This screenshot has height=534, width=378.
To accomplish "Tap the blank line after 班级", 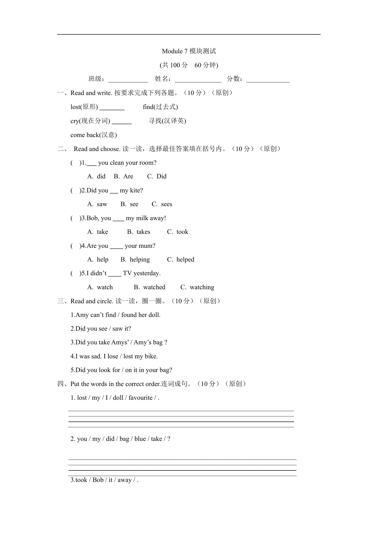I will coord(128,81).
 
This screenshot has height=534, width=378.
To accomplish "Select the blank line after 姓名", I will coord(198,81).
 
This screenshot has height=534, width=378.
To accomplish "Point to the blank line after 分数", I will coord(268,81).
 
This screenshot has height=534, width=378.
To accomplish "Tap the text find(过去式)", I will coord(160,107).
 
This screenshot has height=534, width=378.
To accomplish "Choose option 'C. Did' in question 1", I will coord(157,177).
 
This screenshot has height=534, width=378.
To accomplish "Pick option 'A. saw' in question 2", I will coord(97,204).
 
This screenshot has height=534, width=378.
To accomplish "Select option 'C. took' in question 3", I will coord(178,232).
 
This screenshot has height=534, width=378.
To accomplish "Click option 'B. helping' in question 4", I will coord(135,260).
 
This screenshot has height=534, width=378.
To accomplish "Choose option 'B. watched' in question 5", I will coord(150,287).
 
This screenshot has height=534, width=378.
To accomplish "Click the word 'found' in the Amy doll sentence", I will coord(129,315).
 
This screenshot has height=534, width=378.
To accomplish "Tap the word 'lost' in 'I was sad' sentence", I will coord(128,357).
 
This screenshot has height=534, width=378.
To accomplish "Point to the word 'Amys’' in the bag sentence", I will coord(120,343).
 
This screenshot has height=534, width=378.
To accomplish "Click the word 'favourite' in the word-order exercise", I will coord(140,398).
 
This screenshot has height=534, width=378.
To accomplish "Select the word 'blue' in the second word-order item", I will coord(140,439).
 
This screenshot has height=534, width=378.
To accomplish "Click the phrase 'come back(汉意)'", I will coord(94,135).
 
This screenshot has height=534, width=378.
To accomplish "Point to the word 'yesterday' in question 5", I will coord(146,273).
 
